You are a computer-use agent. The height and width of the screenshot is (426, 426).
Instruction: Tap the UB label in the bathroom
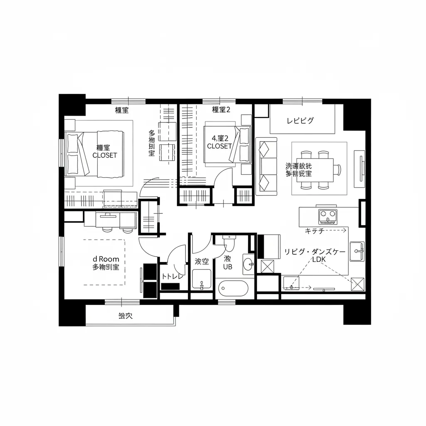228,267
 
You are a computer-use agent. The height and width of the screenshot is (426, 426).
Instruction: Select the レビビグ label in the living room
300,121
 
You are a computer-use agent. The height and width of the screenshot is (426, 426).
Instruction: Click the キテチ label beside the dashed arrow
315,230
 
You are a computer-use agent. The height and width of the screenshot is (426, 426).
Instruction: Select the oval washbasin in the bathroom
248,264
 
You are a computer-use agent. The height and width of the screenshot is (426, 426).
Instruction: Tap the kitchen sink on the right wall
357,251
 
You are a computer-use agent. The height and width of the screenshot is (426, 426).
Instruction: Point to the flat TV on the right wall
359,168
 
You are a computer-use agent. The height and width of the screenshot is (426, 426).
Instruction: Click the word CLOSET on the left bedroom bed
105,155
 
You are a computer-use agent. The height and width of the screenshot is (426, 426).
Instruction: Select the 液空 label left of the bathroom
202,261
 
